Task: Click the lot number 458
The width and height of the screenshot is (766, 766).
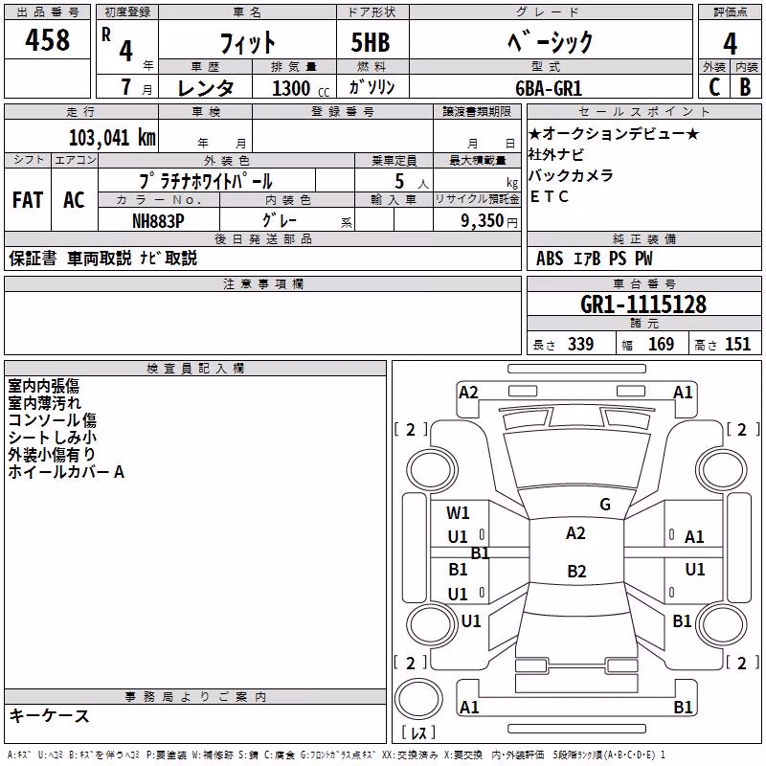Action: pos(47,40)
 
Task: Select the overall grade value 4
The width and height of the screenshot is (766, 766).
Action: pos(730,44)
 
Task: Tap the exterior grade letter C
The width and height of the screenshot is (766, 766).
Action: pos(714,87)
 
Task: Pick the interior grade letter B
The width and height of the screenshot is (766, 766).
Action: pos(745,87)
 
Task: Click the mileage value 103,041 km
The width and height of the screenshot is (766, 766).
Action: pos(112,138)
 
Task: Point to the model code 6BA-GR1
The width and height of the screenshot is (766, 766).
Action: pos(549,88)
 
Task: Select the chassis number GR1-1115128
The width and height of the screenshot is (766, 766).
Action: pos(643,304)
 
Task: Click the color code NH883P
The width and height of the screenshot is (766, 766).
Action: pos(158,221)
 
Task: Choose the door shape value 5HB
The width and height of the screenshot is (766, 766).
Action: pos(371,42)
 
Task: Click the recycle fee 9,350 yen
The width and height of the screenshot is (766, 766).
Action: pos(489,221)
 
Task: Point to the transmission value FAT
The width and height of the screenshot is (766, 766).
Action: pos(28,200)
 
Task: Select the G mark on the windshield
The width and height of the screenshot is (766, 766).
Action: pos(605,505)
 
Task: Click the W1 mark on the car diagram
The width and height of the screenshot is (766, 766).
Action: pos(458,512)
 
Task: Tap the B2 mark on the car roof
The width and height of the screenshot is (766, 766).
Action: pos(576,571)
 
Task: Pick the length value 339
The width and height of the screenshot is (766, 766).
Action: pos(580,345)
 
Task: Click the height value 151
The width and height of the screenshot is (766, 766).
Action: pos(737,345)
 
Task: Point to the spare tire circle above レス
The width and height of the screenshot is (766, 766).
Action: pos(418,699)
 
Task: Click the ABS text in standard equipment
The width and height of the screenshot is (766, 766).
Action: pos(550,259)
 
